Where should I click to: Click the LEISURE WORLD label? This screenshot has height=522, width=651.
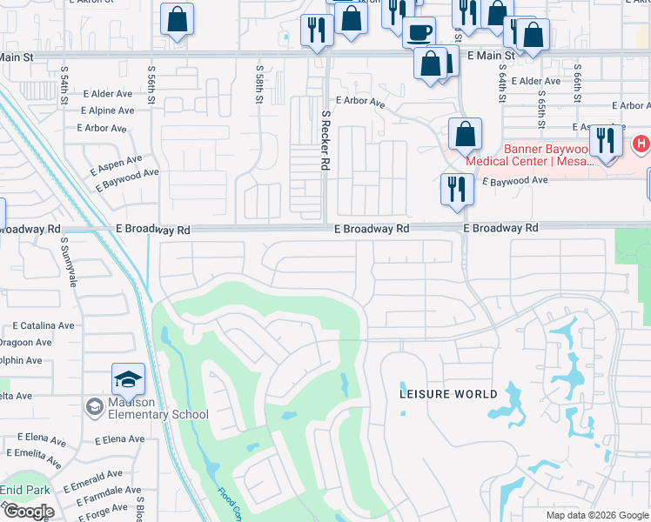point(448,394)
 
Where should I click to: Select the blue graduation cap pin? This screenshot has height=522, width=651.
point(128,380)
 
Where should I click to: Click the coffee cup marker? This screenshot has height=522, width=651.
point(418,32)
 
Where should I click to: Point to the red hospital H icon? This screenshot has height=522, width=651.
point(641,143)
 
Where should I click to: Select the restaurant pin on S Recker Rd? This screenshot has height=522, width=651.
point(315,30)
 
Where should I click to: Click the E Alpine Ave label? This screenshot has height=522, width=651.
point(108,111)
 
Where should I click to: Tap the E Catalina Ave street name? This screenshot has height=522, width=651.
point(44,325)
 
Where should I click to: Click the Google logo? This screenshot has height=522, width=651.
point(28,512)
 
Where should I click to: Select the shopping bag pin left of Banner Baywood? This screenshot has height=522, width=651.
point(465,134)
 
